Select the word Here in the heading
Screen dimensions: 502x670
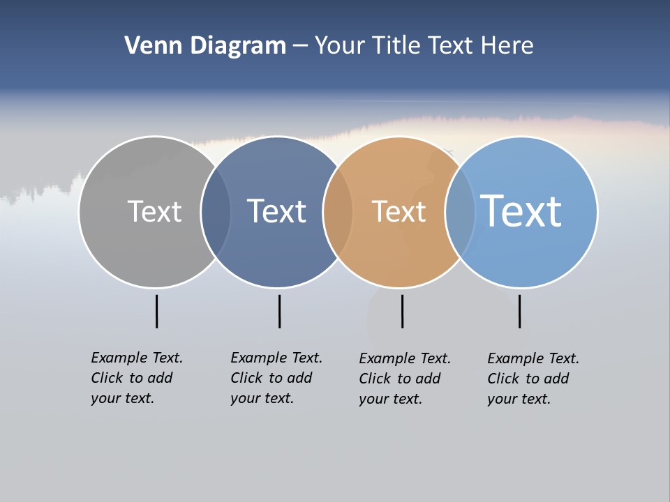507,46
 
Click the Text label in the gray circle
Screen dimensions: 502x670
154,211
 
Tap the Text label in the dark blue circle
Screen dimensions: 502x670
276,211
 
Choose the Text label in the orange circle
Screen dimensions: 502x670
399,211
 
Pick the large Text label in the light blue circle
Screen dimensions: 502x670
521,211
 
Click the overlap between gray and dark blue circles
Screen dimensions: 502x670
216,212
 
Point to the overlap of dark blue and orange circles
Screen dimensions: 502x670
338,212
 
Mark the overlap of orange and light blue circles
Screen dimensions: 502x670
459,212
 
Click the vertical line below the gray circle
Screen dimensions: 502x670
156,311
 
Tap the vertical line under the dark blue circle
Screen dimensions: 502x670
279,311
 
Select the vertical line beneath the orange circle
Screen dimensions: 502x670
402,311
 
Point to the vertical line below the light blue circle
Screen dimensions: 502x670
519,311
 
